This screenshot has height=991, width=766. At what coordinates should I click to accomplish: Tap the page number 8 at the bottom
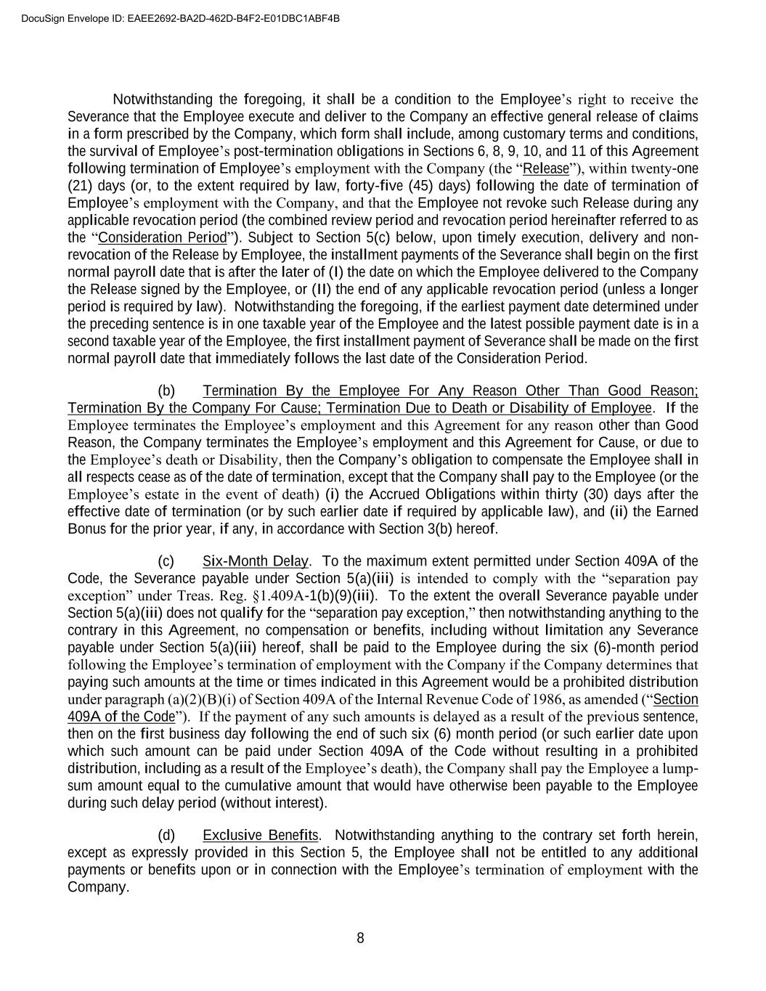(360, 938)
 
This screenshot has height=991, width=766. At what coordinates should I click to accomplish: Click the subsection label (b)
(167, 391)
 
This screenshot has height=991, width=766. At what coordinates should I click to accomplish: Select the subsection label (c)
(167, 561)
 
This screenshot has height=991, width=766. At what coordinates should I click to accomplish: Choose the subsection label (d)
(167, 835)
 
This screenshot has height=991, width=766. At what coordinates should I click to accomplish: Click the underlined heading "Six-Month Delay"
(256, 561)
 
